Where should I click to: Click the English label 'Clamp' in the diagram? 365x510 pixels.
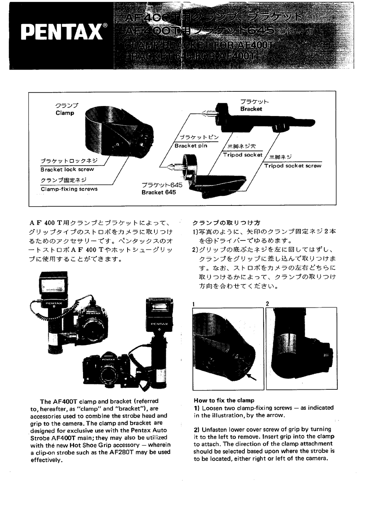point(65,113)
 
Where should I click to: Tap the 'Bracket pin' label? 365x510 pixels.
point(191,146)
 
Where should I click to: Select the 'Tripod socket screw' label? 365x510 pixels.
point(292,166)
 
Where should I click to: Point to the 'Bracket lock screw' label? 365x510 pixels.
point(67,169)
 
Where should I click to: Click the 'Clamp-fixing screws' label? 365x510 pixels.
point(69,189)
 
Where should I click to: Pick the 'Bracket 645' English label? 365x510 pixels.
point(158,192)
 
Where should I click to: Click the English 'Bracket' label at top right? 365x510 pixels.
point(251,109)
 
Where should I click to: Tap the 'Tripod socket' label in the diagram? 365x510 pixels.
point(242,155)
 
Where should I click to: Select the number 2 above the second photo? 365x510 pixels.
point(267,304)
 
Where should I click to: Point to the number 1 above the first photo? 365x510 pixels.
point(194,304)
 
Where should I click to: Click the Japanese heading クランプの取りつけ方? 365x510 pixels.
point(226,222)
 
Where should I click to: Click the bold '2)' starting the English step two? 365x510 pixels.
point(197,429)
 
